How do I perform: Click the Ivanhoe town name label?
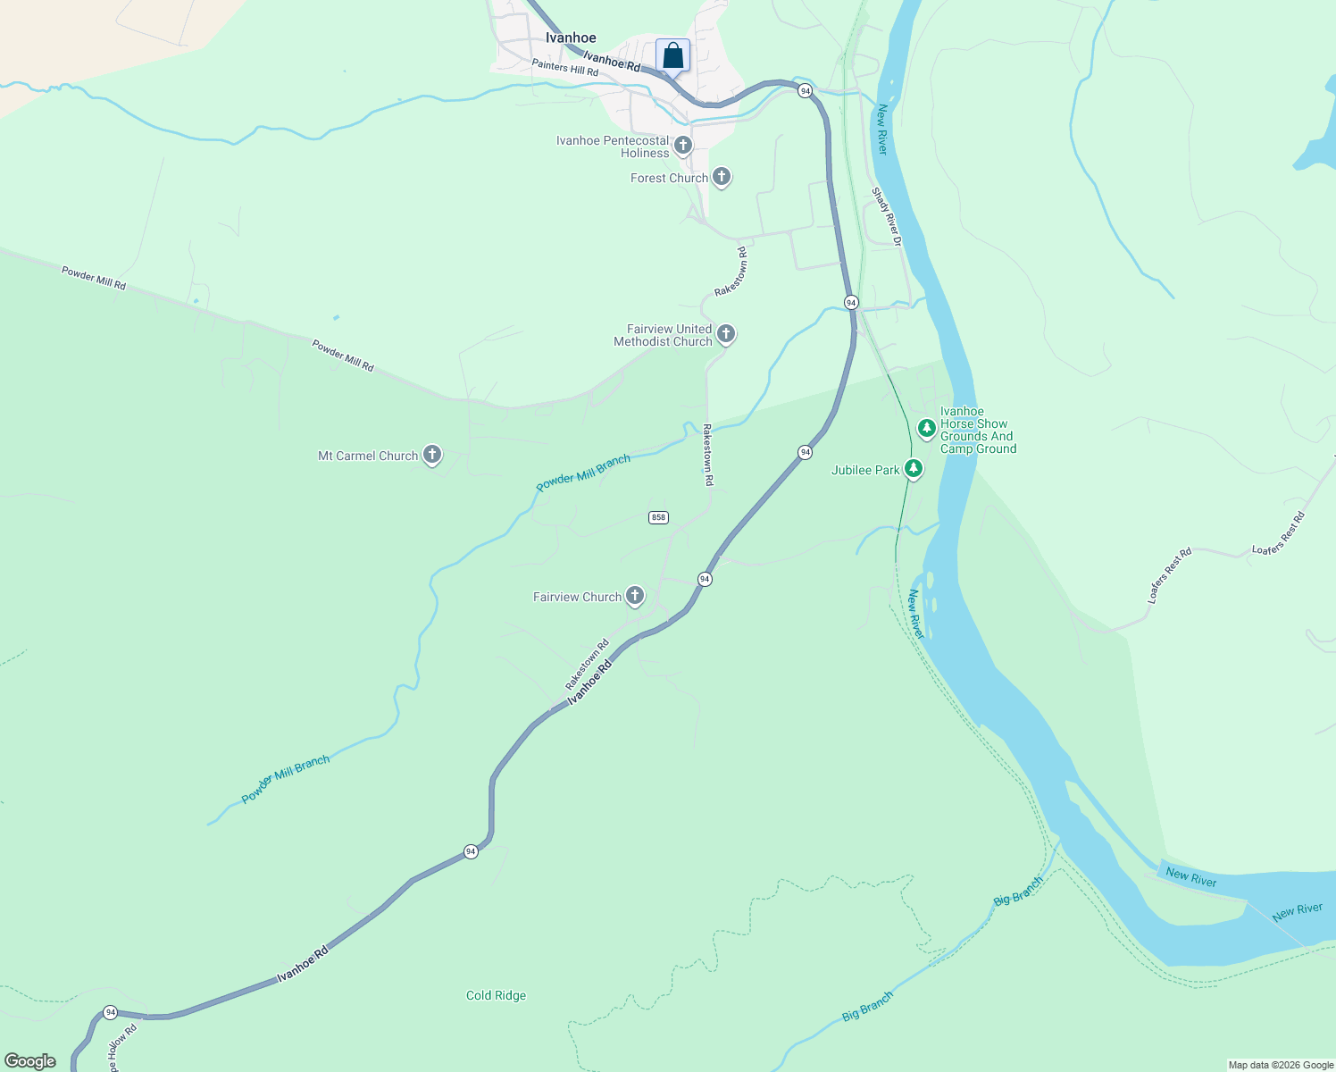click(571, 38)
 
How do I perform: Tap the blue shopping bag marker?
click(672, 55)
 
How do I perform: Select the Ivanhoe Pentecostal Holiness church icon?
click(683, 145)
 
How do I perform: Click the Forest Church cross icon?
click(722, 177)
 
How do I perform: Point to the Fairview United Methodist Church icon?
click(726, 334)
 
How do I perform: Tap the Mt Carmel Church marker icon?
click(432, 455)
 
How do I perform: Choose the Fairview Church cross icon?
click(635, 595)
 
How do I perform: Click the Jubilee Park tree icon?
click(913, 468)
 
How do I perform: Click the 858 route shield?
click(658, 517)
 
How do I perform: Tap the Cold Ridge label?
click(496, 995)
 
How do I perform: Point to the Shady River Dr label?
click(887, 216)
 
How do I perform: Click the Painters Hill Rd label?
click(564, 67)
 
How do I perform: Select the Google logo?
click(30, 1061)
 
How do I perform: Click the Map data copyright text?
click(1281, 1065)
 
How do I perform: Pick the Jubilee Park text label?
click(865, 470)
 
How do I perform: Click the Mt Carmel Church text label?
click(368, 456)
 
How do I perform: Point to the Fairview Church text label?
click(577, 597)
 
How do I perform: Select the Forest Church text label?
click(669, 178)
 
